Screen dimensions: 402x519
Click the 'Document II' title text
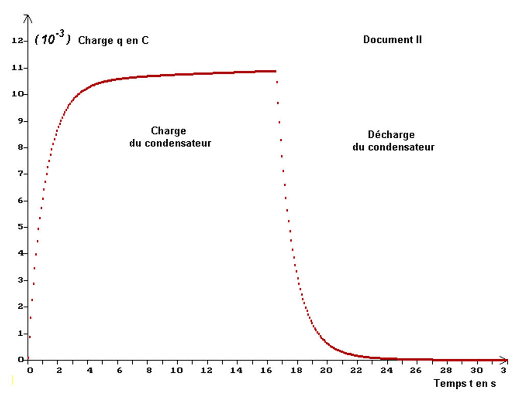click(392, 39)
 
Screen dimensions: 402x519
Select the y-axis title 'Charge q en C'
click(113, 41)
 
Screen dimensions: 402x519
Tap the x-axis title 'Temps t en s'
click(464, 383)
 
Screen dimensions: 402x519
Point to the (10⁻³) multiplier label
click(52, 40)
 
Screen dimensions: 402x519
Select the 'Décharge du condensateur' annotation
click(393, 141)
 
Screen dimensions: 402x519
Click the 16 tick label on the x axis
click(267, 370)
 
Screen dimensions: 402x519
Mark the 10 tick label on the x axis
click(178, 370)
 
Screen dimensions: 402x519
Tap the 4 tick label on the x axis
click(89, 370)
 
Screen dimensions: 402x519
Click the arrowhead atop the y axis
click(29, 19)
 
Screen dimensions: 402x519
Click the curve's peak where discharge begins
click(275, 71)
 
